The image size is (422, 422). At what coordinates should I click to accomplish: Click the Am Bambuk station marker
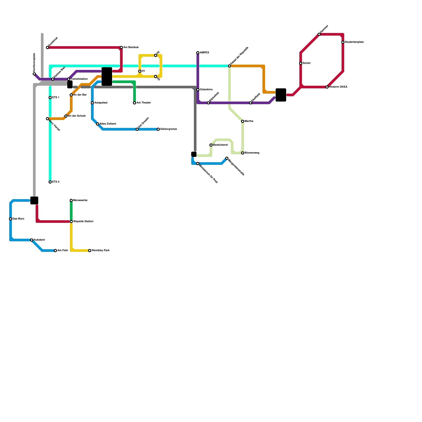pos(121,47)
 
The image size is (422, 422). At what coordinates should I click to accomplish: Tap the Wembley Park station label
pos(100,251)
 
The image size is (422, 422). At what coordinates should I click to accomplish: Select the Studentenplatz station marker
pos(343,42)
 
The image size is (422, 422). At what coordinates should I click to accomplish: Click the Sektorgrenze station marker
pos(158,129)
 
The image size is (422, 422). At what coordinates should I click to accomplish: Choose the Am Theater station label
pos(144,103)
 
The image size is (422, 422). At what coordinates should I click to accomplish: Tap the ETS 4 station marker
pos(50,182)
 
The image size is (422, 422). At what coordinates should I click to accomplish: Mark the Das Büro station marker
pos(11,219)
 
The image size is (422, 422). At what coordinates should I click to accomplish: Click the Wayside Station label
pos(83,222)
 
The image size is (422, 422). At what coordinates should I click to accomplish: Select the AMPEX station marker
pos(198,53)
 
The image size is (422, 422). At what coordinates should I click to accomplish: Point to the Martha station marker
pos(243,121)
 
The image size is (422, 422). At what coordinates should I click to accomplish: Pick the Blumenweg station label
pos(252,153)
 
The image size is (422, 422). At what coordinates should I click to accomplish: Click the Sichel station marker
pos(301,63)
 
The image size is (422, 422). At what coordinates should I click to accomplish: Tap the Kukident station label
pos(39,240)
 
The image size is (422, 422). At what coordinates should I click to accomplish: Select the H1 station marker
pos(140,71)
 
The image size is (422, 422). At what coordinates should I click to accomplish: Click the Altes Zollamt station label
pos(108,124)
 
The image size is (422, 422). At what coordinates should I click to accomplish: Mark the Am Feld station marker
pos(55,251)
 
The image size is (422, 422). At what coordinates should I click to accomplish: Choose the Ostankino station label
pos(206,90)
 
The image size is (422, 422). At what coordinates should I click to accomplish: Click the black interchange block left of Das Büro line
pos(34,200)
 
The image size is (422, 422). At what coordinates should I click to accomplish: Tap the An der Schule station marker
pos(66,116)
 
